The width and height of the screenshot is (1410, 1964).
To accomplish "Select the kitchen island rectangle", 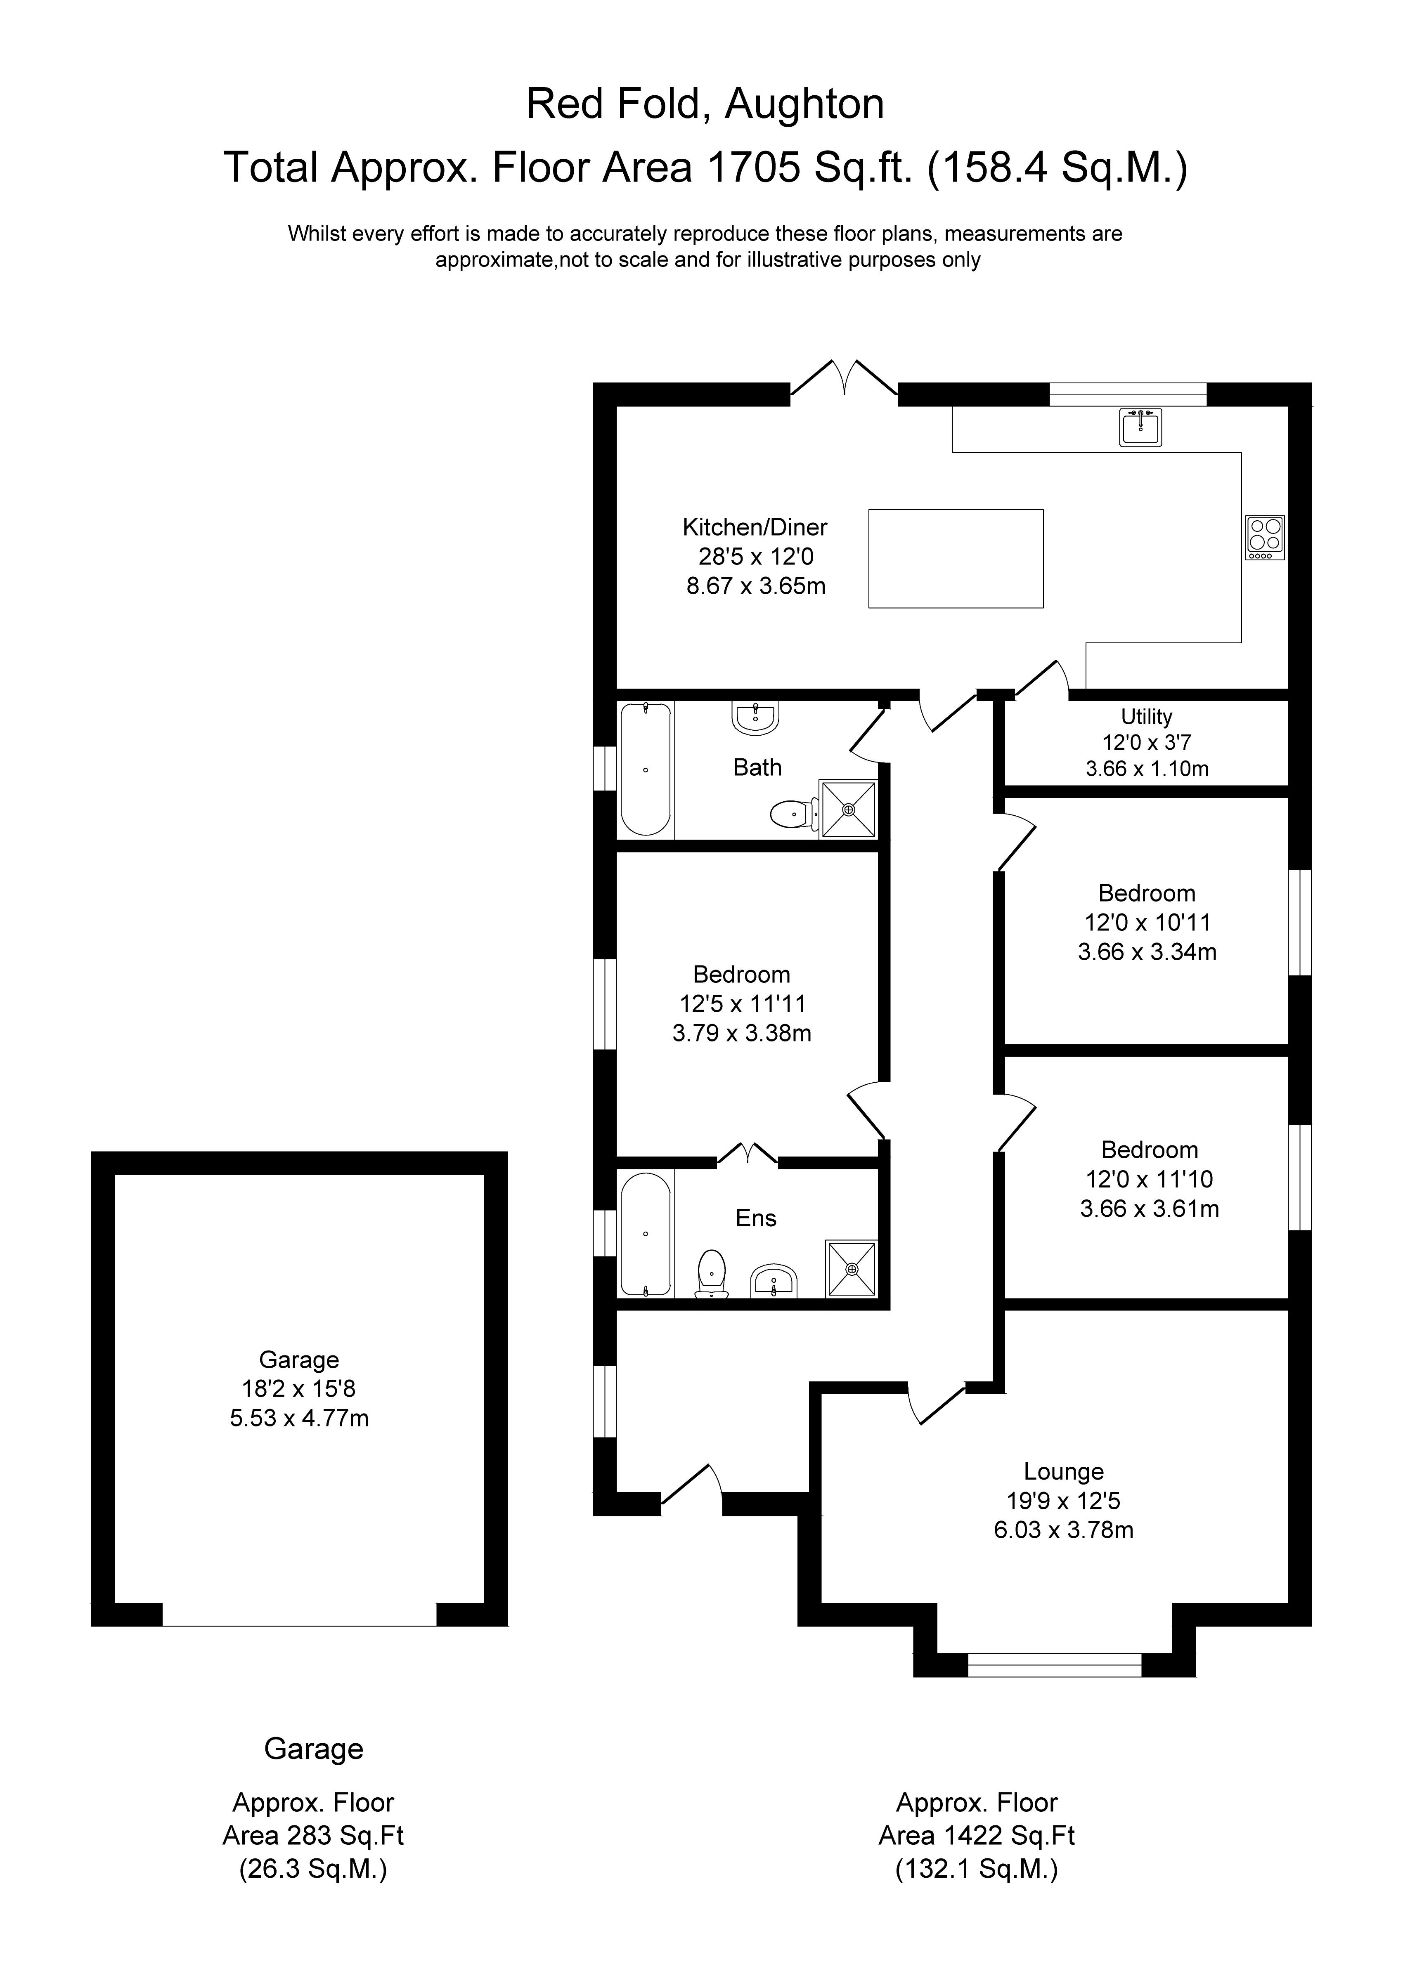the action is pos(955,559).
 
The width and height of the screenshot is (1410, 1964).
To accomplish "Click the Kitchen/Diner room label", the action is pos(755,527).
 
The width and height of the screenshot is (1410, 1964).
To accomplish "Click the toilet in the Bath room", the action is pos(793,814).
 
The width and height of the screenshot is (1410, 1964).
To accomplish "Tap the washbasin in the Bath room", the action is pos(755,717).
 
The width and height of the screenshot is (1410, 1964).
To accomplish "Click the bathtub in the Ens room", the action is pos(645,1234).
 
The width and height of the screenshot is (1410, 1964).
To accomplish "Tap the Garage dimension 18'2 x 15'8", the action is pos(299,1389).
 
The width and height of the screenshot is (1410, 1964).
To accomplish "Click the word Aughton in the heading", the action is pos(804,105).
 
